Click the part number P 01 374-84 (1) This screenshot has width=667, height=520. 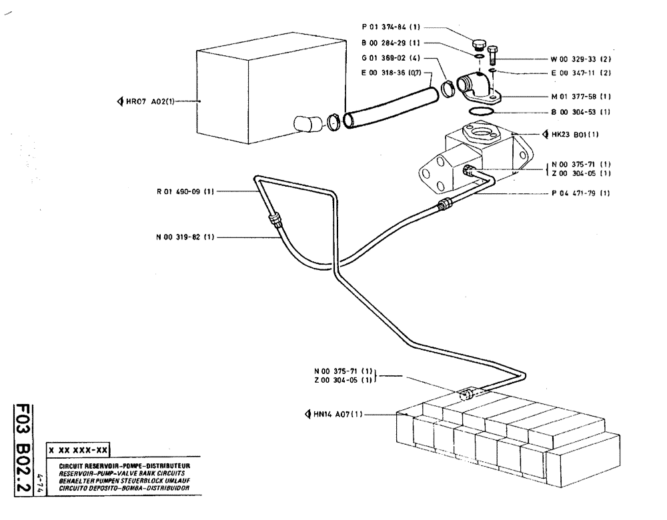click(392, 28)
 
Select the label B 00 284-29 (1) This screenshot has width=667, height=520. click(392, 43)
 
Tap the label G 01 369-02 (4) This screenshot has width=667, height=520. click(392, 58)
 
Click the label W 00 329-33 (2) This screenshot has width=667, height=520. click(580, 59)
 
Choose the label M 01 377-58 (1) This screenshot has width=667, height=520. click(580, 97)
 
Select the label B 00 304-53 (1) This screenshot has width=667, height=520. click(580, 112)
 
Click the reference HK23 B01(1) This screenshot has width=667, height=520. click(576, 134)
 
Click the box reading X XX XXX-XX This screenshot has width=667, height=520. click(79, 450)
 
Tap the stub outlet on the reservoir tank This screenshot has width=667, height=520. click(307, 124)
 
